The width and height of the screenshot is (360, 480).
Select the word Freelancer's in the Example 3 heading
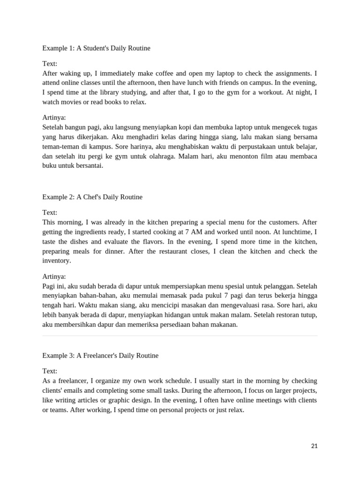[97, 356]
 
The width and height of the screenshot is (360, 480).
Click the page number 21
[314, 446]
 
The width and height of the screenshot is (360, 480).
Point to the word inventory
[56, 261]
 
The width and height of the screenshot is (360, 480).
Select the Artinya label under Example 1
[54, 118]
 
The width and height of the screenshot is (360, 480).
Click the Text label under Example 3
[50, 371]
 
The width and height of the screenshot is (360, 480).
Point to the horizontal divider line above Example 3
[180, 336]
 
